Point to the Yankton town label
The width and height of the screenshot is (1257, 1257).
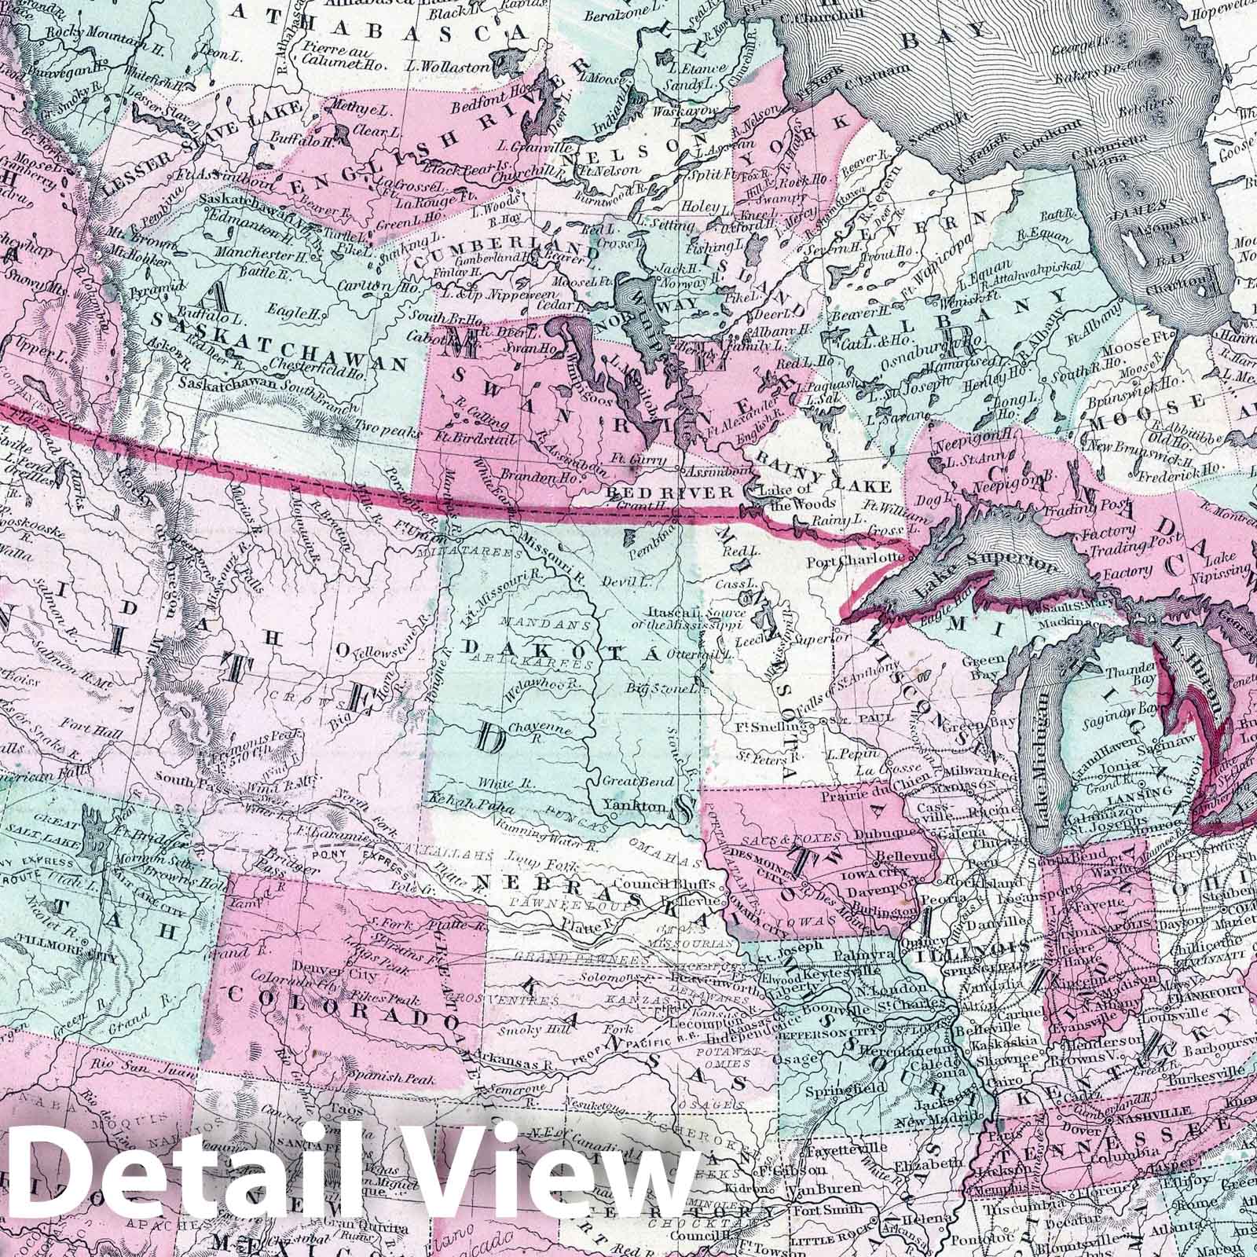click(638, 806)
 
